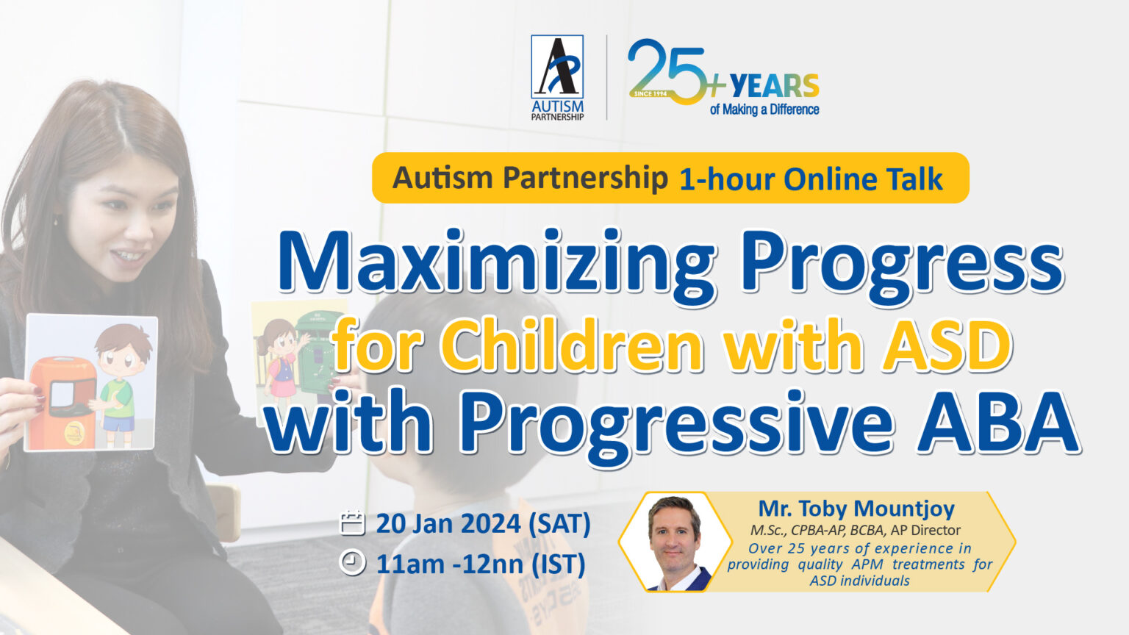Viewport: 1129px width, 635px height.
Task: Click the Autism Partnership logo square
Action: click(x=557, y=67)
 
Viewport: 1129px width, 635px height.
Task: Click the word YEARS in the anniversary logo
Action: click(x=774, y=87)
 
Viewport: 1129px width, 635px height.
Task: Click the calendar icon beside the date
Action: click(x=353, y=523)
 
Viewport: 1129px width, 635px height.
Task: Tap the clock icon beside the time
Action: click(x=353, y=563)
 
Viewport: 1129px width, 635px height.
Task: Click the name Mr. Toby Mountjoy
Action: click(x=856, y=508)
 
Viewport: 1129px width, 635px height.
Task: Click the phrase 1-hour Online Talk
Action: click(x=810, y=179)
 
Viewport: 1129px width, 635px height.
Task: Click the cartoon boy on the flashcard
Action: click(x=119, y=382)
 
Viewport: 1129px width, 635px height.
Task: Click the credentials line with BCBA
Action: click(x=855, y=530)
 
